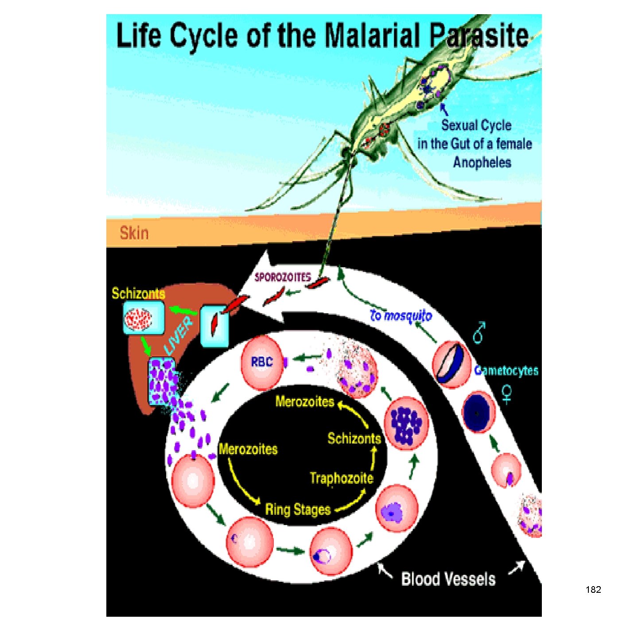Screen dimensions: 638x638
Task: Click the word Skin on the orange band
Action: point(134,233)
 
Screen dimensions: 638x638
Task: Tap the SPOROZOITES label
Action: point(283,277)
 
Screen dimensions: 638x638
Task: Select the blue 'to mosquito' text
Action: point(401,315)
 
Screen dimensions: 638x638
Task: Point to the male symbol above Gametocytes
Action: point(479,332)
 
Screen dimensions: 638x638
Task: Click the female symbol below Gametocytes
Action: point(507,394)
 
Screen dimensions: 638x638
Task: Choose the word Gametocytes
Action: point(506,370)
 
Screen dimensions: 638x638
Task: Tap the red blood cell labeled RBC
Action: point(262,362)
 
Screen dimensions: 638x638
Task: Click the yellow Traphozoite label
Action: point(341,478)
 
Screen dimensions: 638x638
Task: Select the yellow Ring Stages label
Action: point(298,510)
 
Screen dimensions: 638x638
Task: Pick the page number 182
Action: point(593,590)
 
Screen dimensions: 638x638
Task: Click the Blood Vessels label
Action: point(448,580)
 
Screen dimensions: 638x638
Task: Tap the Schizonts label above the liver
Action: point(138,293)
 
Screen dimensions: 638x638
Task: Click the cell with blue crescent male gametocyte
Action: point(451,364)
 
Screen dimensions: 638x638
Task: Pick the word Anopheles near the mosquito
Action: point(482,163)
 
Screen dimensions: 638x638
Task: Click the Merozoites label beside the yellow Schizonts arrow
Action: point(305,402)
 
